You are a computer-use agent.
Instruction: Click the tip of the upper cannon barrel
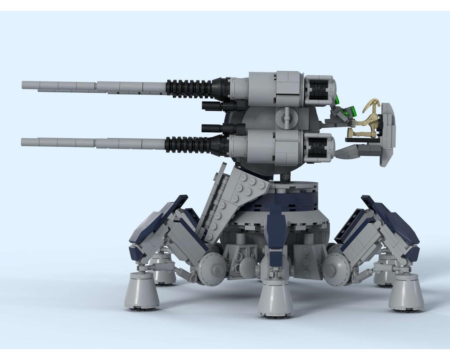[x=23, y=85]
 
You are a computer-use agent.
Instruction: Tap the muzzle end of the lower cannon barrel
[x=23, y=142]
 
